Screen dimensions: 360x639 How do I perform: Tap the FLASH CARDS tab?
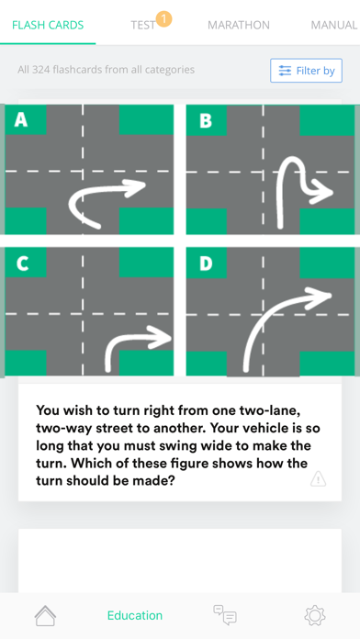pyautogui.click(x=48, y=25)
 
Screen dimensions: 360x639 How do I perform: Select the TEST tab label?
pyautogui.click(x=142, y=26)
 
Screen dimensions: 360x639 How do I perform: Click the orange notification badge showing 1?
pyautogui.click(x=163, y=18)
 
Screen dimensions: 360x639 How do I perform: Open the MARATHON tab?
pyautogui.click(x=239, y=26)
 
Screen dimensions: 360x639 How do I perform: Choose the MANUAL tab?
pyautogui.click(x=334, y=26)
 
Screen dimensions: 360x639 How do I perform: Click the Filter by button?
pyautogui.click(x=306, y=71)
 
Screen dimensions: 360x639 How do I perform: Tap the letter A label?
pyautogui.click(x=21, y=119)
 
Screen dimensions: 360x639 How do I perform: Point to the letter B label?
pyautogui.click(x=206, y=120)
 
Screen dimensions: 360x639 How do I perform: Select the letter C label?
pyautogui.click(x=22, y=263)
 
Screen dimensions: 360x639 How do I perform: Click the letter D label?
pyautogui.click(x=206, y=263)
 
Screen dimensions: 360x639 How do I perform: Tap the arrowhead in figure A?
pyautogui.click(x=135, y=188)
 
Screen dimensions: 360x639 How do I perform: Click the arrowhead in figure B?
pyautogui.click(x=322, y=193)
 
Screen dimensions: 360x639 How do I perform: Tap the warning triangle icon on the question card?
pyautogui.click(x=318, y=479)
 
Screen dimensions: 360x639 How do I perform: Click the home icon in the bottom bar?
pyautogui.click(x=45, y=615)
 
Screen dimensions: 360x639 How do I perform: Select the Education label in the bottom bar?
pyautogui.click(x=135, y=615)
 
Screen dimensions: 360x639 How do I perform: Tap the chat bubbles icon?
pyautogui.click(x=225, y=615)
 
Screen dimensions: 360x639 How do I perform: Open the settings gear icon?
pyautogui.click(x=315, y=615)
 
